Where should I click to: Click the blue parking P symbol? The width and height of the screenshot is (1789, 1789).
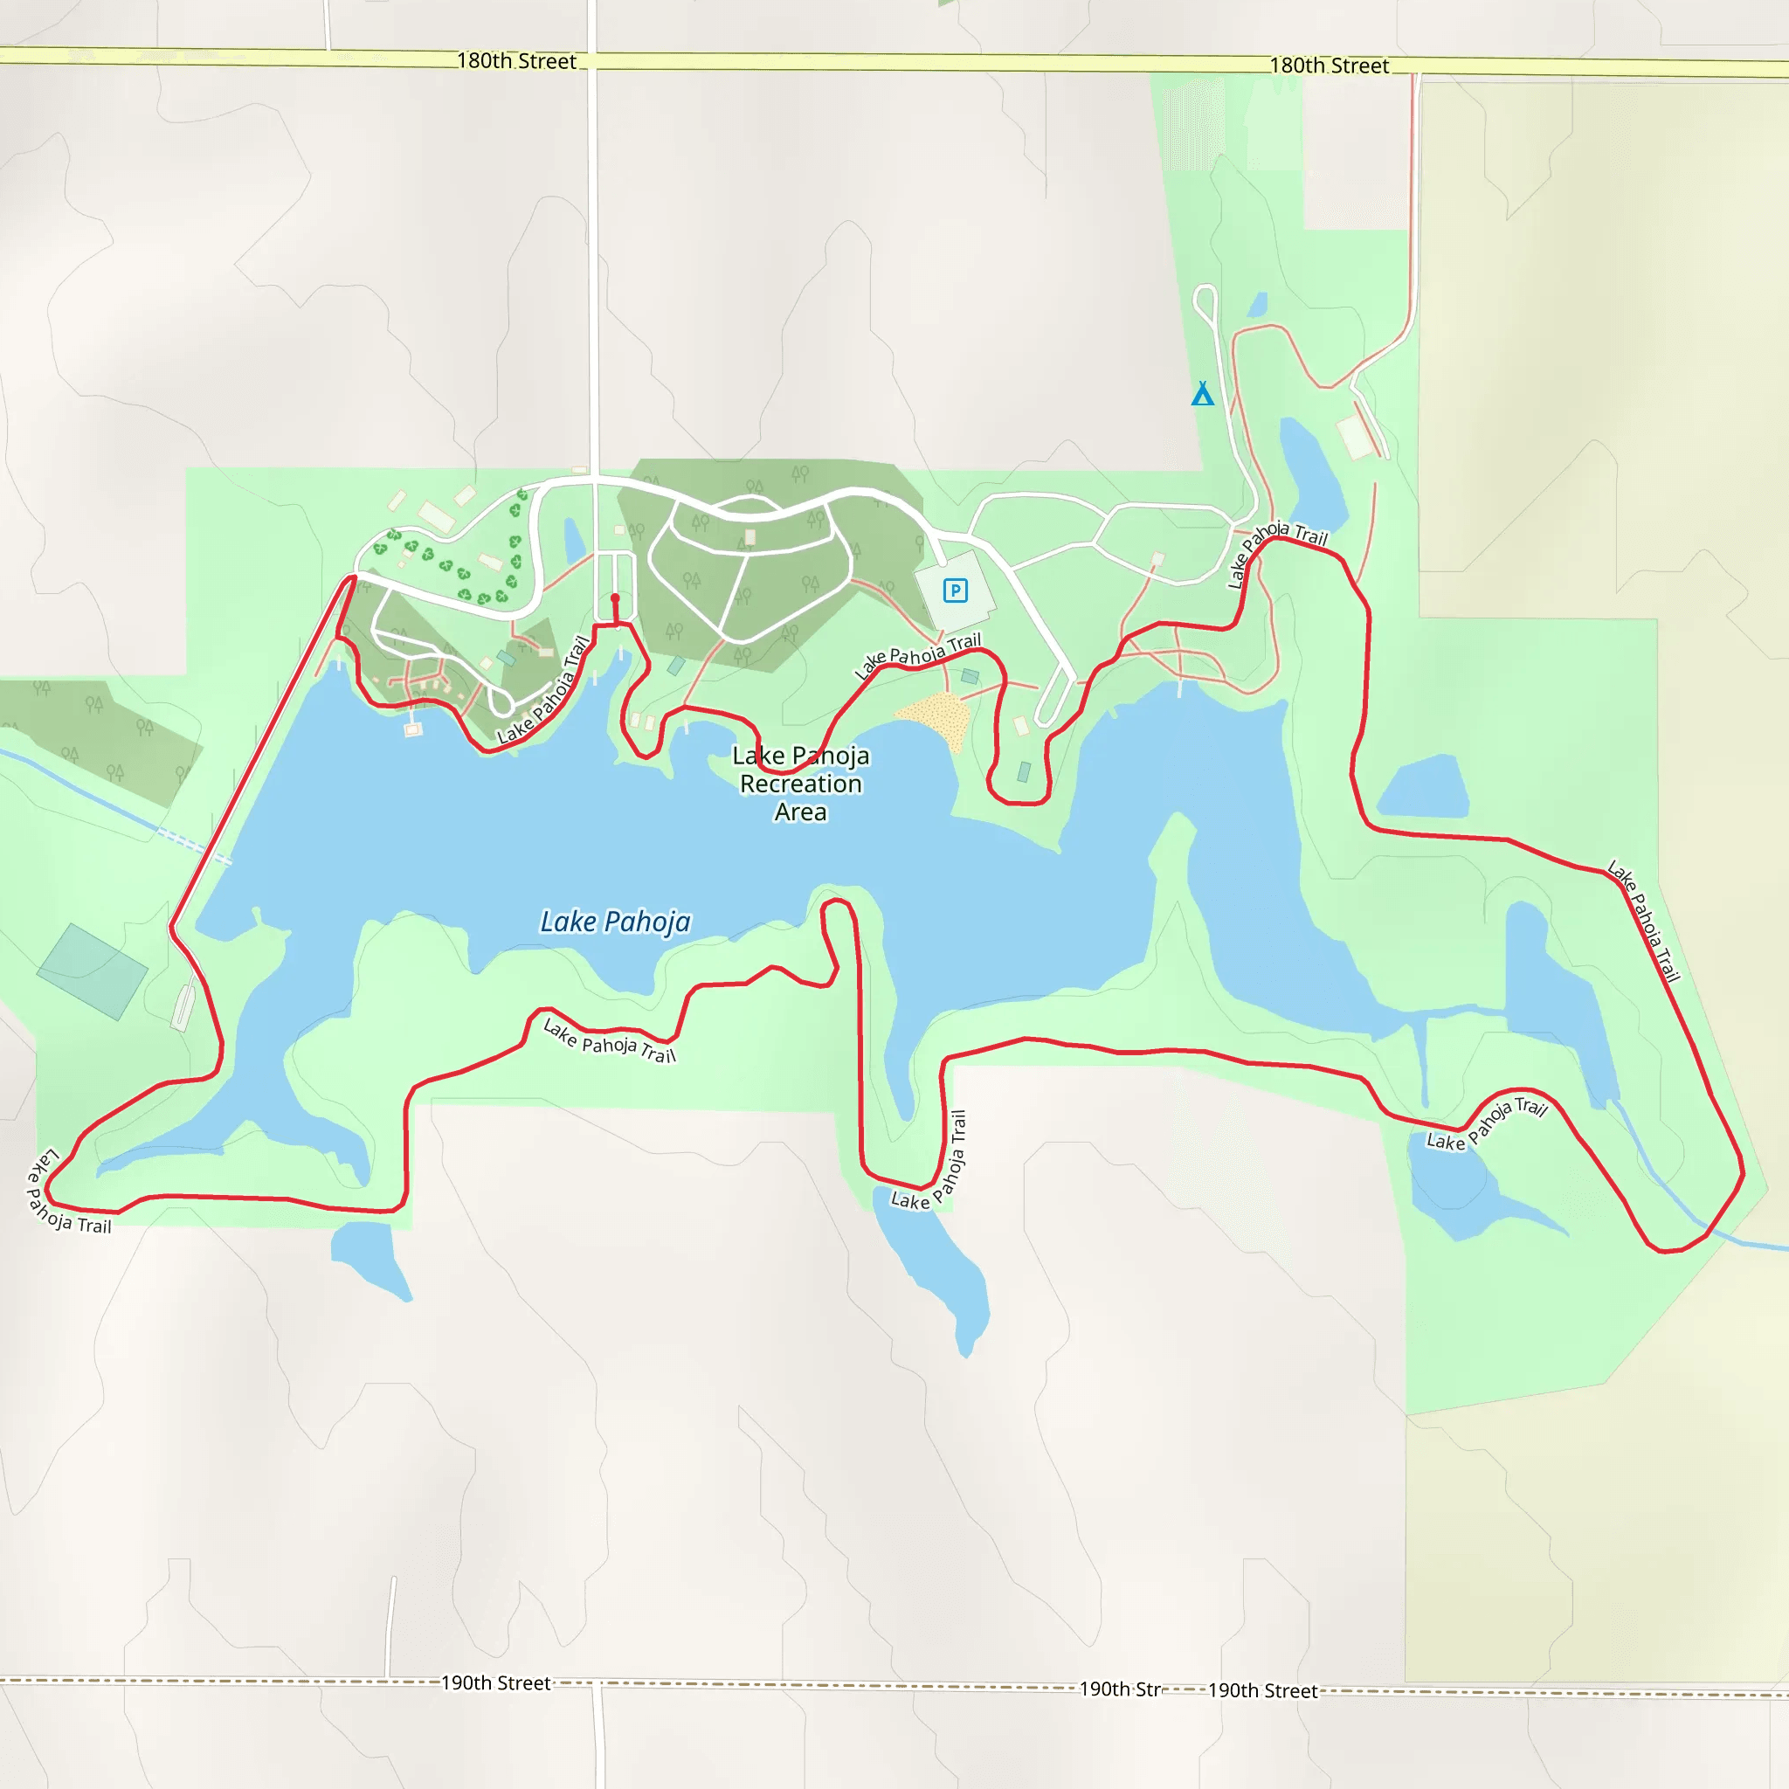pos(955,590)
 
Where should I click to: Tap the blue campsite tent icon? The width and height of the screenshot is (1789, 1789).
pos(1202,395)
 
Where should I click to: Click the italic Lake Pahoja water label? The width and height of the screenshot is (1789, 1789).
pos(615,922)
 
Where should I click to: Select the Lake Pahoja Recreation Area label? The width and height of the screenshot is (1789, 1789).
pos(801,784)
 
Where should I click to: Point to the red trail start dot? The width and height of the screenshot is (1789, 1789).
pos(615,598)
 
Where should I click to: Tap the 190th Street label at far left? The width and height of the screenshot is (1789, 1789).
pos(495,1682)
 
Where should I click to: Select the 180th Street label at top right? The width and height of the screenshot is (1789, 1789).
pos(1328,66)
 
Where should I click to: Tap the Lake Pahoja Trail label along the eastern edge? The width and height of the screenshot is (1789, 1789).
pos(1644,921)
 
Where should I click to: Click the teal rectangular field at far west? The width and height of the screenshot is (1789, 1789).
pos(92,971)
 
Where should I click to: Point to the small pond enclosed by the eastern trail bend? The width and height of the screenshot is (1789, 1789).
pos(1424,788)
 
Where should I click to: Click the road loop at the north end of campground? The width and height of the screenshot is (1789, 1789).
pos(1205,301)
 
